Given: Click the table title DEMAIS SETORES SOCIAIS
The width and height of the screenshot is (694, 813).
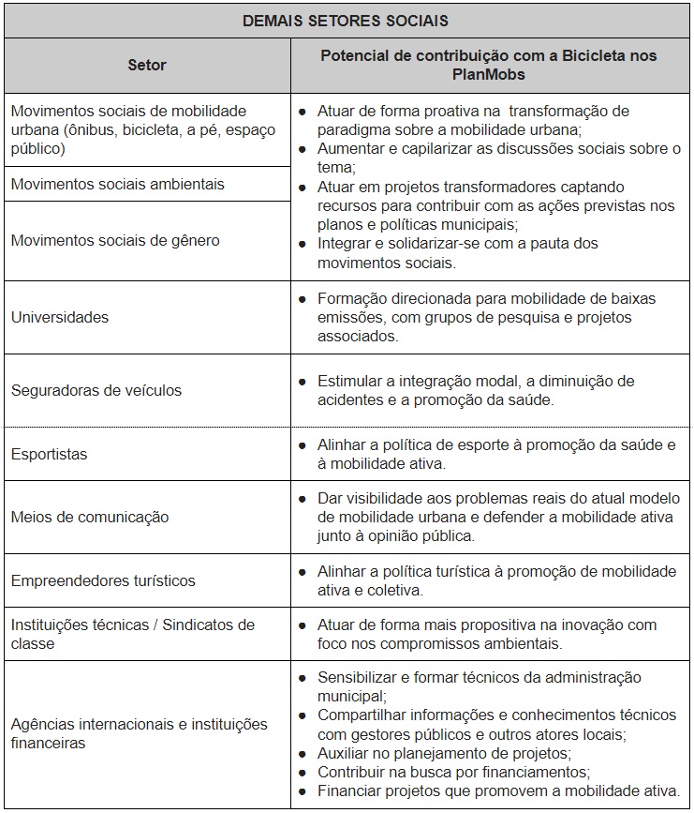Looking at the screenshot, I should tap(346, 20).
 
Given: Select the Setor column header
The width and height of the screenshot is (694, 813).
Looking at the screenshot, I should tap(147, 66).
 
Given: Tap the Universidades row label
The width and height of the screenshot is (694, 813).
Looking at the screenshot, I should tap(60, 317).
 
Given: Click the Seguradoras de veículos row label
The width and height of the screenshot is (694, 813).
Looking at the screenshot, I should tap(96, 390).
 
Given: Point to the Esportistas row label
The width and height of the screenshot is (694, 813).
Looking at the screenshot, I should tap(49, 454).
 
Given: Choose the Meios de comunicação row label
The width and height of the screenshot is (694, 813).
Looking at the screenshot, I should tap(90, 517).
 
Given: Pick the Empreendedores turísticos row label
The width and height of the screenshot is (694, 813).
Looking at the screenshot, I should tap(103, 580).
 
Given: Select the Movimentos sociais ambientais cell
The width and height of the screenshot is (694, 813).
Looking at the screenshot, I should tap(118, 184).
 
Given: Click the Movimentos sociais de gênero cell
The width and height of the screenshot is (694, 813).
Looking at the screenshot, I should tap(115, 240).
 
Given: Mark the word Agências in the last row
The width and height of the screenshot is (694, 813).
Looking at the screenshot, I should tap(43, 725).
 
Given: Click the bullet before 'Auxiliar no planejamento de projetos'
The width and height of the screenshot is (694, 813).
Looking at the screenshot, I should tap(303, 754).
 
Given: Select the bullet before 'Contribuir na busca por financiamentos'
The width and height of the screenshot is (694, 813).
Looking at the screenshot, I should tap(303, 773).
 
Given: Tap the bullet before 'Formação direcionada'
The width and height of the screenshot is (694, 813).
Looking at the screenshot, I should tap(303, 299).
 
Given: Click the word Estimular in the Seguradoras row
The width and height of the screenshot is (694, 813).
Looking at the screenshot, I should tap(348, 382).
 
